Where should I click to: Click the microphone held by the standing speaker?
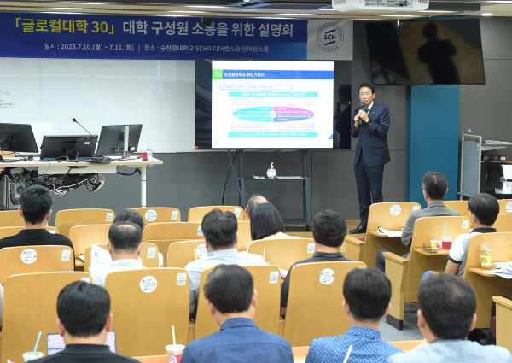coord(362,108)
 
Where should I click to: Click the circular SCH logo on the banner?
coord(329,38)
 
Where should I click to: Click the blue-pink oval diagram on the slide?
coord(273,114)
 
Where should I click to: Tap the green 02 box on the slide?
coord(218,74)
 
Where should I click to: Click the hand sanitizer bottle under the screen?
coord(271,171)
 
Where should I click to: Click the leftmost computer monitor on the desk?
coord(17,138)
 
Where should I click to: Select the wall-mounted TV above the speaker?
coord(426,51)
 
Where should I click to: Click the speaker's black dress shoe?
coord(357,228)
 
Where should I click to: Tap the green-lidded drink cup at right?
coord(486,255)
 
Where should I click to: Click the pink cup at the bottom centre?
coord(175,352)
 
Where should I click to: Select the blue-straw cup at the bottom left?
coord(33,354)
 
